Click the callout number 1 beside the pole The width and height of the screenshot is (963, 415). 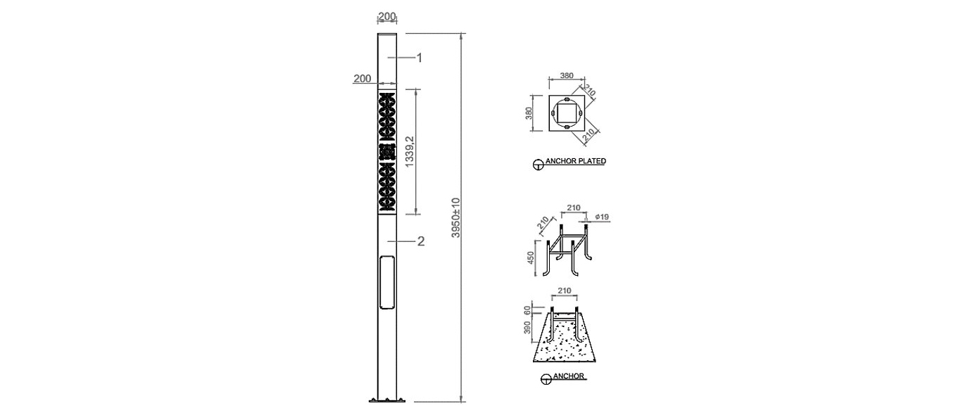[420, 58]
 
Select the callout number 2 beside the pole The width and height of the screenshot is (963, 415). [421, 241]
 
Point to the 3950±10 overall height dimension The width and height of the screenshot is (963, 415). [455, 218]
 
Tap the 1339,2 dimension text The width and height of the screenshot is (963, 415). [409, 152]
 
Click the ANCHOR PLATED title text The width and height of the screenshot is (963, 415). [576, 161]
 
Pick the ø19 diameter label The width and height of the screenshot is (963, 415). [603, 217]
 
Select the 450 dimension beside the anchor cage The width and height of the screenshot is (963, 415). [531, 257]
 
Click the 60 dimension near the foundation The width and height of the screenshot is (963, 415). [527, 311]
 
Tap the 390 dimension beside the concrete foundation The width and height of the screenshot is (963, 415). [527, 328]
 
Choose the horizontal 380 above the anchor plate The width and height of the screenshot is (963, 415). [567, 75]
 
